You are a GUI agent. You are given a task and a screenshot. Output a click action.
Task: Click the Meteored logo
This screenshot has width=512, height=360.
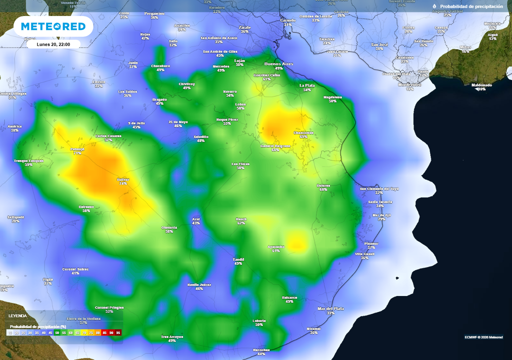click(53, 26)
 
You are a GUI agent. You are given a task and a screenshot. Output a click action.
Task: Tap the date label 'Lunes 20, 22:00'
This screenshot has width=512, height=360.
click(53, 44)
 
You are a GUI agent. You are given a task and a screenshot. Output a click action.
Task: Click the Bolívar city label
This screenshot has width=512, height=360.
click(123, 179)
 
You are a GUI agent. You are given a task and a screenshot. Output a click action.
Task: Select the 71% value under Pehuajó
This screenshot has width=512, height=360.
click(77, 153)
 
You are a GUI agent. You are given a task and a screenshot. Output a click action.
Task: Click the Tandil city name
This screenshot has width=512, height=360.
click(238, 259)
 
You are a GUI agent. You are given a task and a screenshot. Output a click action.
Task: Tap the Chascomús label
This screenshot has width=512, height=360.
click(303, 132)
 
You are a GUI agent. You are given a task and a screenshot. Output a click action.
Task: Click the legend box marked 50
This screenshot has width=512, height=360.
click(57, 332)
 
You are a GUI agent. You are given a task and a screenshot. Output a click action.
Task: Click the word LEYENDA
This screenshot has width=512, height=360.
click(17, 316)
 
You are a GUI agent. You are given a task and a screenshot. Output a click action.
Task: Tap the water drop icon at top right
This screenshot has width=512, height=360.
click(434, 6)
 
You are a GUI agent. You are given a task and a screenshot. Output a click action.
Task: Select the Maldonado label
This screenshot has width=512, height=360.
click(481, 85)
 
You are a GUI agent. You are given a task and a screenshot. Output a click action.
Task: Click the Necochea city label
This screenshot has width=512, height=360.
click(261, 349)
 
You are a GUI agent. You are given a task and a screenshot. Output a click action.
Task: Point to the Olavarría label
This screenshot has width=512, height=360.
click(169, 227)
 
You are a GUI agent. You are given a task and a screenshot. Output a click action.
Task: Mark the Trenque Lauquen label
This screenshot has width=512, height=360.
click(28, 160)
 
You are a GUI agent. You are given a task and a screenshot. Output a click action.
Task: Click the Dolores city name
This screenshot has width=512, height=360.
click(323, 185)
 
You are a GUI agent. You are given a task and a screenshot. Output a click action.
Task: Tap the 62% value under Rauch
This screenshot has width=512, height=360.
click(241, 223)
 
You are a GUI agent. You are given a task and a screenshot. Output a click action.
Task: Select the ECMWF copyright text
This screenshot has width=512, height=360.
click(483, 336)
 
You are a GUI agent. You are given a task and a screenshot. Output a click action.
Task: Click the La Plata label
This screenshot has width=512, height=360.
click(307, 85)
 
